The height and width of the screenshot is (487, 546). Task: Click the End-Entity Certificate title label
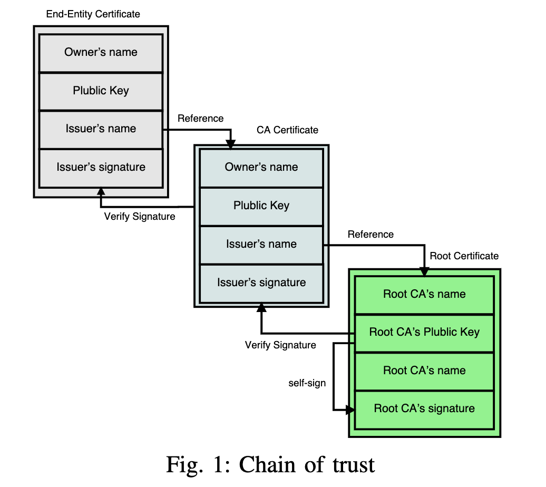[x=93, y=14]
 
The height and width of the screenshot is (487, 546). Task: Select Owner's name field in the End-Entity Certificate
[x=101, y=52]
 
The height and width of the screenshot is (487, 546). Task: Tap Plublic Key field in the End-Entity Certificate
[x=101, y=91]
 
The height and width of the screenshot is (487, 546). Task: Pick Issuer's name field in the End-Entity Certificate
[x=101, y=129]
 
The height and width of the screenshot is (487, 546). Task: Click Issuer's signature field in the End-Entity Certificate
[x=101, y=167]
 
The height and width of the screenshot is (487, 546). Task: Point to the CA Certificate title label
[x=287, y=130]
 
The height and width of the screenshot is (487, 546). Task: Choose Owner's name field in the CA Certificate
[x=261, y=167]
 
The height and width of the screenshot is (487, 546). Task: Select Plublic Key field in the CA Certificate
[x=261, y=206]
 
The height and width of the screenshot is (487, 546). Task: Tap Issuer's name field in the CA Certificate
[x=261, y=244]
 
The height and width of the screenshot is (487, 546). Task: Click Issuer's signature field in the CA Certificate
[x=261, y=283]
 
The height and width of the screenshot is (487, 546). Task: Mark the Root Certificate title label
[x=464, y=256]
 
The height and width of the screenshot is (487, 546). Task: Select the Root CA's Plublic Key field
[x=424, y=332]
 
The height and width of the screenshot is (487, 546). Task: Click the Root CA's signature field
[x=424, y=408]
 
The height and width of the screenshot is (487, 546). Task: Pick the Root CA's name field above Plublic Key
[x=424, y=294]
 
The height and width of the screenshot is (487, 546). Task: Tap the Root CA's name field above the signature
[x=424, y=371]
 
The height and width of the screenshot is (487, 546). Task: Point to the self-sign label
[x=307, y=383]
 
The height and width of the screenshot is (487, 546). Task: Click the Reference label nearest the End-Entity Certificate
[x=200, y=119]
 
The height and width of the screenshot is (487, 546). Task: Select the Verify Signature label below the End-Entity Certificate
[x=140, y=216]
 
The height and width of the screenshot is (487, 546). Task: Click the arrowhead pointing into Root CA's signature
[x=350, y=409]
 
